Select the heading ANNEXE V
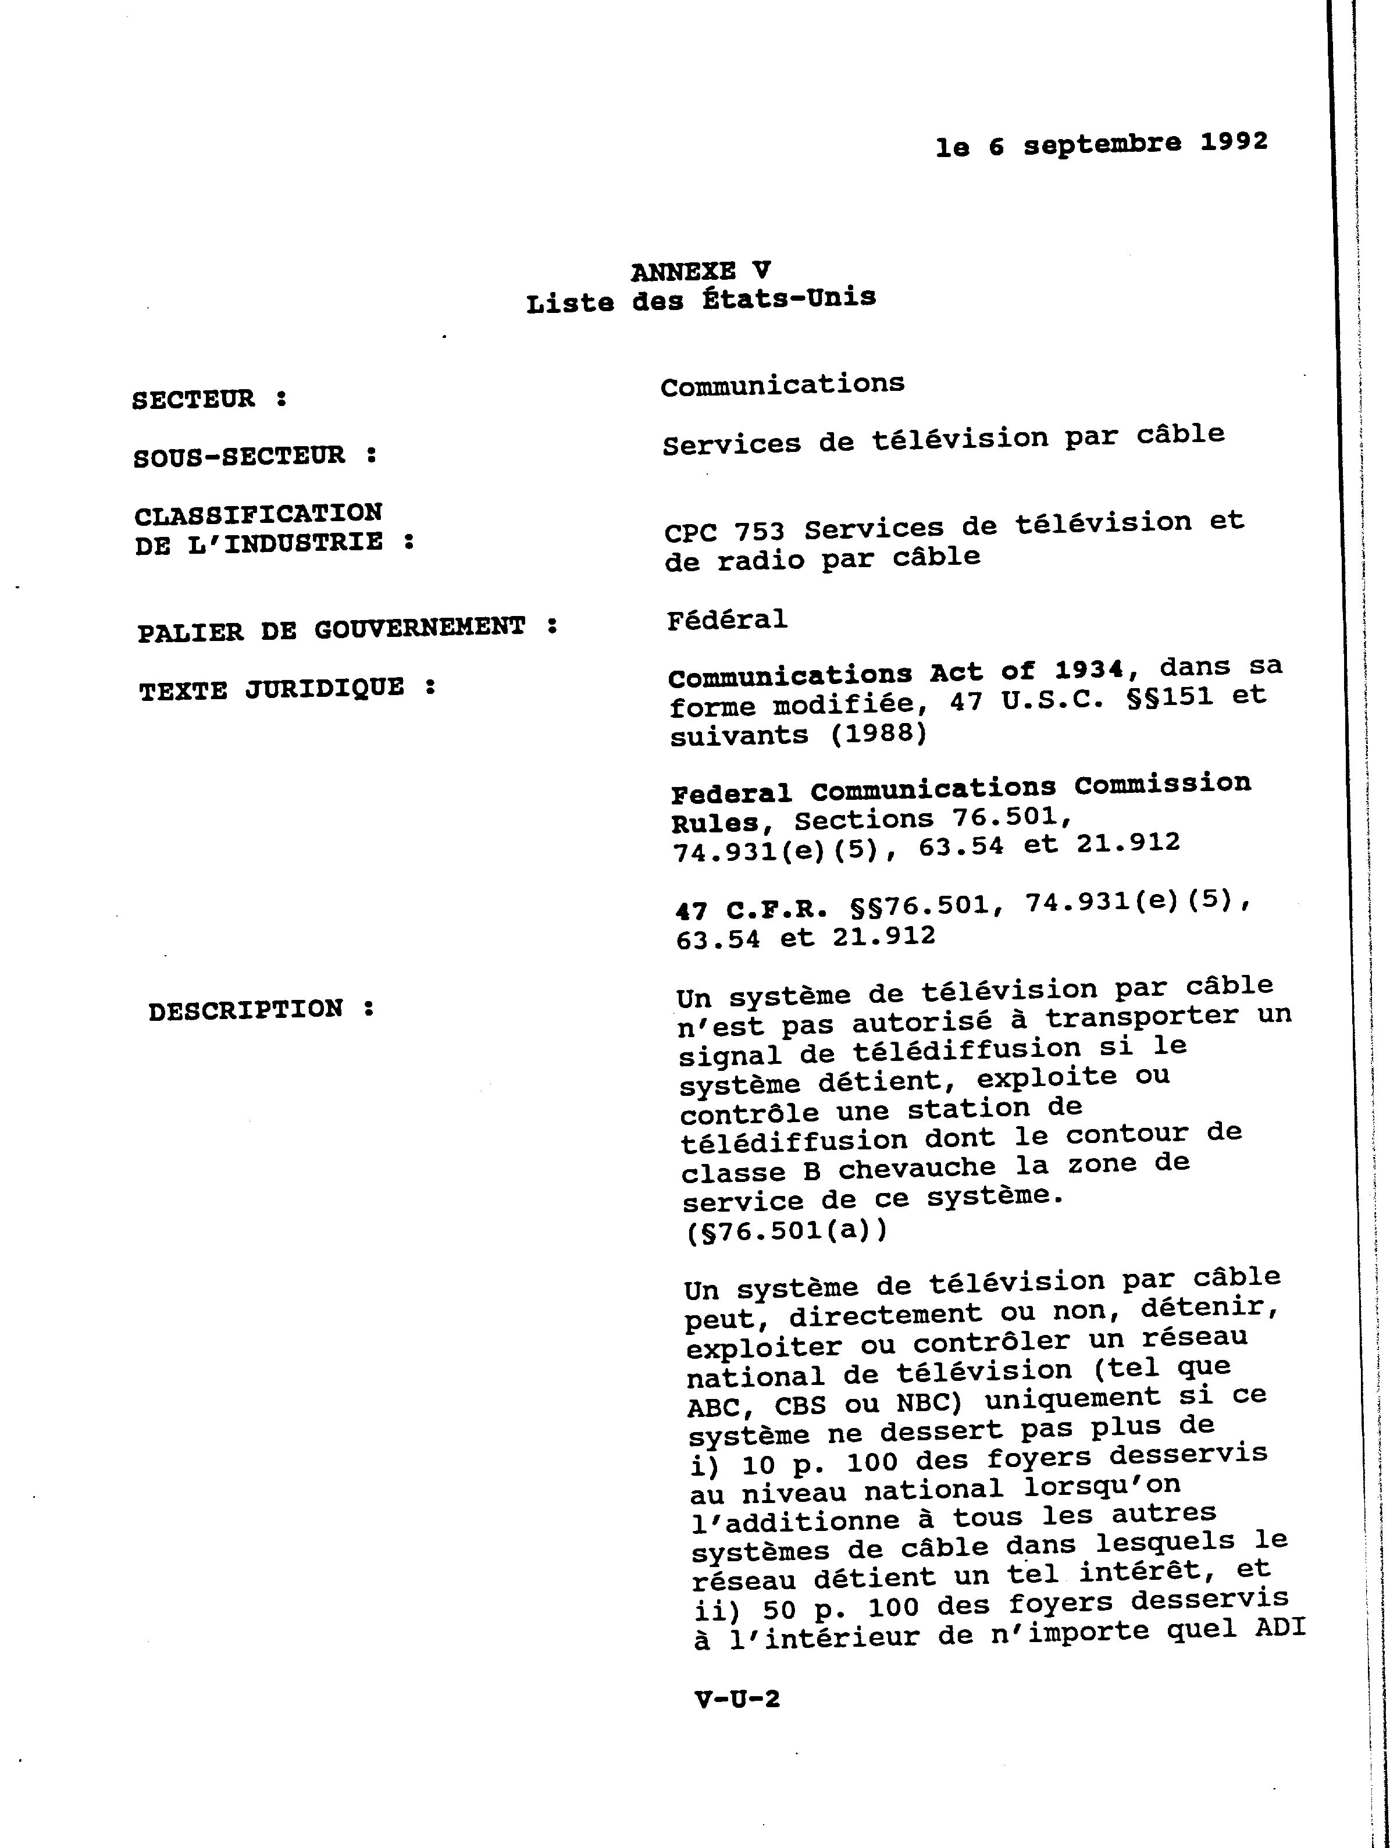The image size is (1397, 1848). (700, 270)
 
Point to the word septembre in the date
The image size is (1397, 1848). (1102, 144)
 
